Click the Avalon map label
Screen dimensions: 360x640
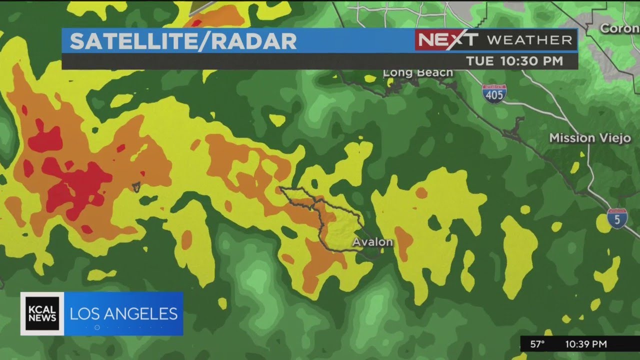click(x=372, y=242)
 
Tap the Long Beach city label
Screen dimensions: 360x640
click(x=418, y=73)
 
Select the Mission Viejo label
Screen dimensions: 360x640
click(x=590, y=138)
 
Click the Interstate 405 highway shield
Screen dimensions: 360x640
click(x=494, y=94)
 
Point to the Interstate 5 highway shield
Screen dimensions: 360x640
click(x=617, y=218)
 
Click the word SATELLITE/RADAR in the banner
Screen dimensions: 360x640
click(x=183, y=41)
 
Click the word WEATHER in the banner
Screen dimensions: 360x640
click(x=529, y=40)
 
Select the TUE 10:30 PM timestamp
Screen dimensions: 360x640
click(x=514, y=61)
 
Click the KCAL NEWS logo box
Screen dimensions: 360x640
click(x=42, y=313)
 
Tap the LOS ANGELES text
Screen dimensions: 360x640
click(x=123, y=314)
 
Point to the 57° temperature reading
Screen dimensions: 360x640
click(x=537, y=344)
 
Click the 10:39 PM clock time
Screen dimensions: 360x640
click(x=586, y=344)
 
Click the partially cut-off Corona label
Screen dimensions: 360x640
click(x=619, y=28)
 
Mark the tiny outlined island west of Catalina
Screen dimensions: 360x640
click(x=136, y=187)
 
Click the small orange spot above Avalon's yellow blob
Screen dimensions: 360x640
click(x=421, y=193)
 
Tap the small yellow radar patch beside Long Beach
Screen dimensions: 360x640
click(x=370, y=78)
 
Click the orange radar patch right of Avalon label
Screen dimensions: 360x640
click(x=403, y=242)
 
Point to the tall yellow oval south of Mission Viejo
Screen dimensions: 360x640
click(x=518, y=255)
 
